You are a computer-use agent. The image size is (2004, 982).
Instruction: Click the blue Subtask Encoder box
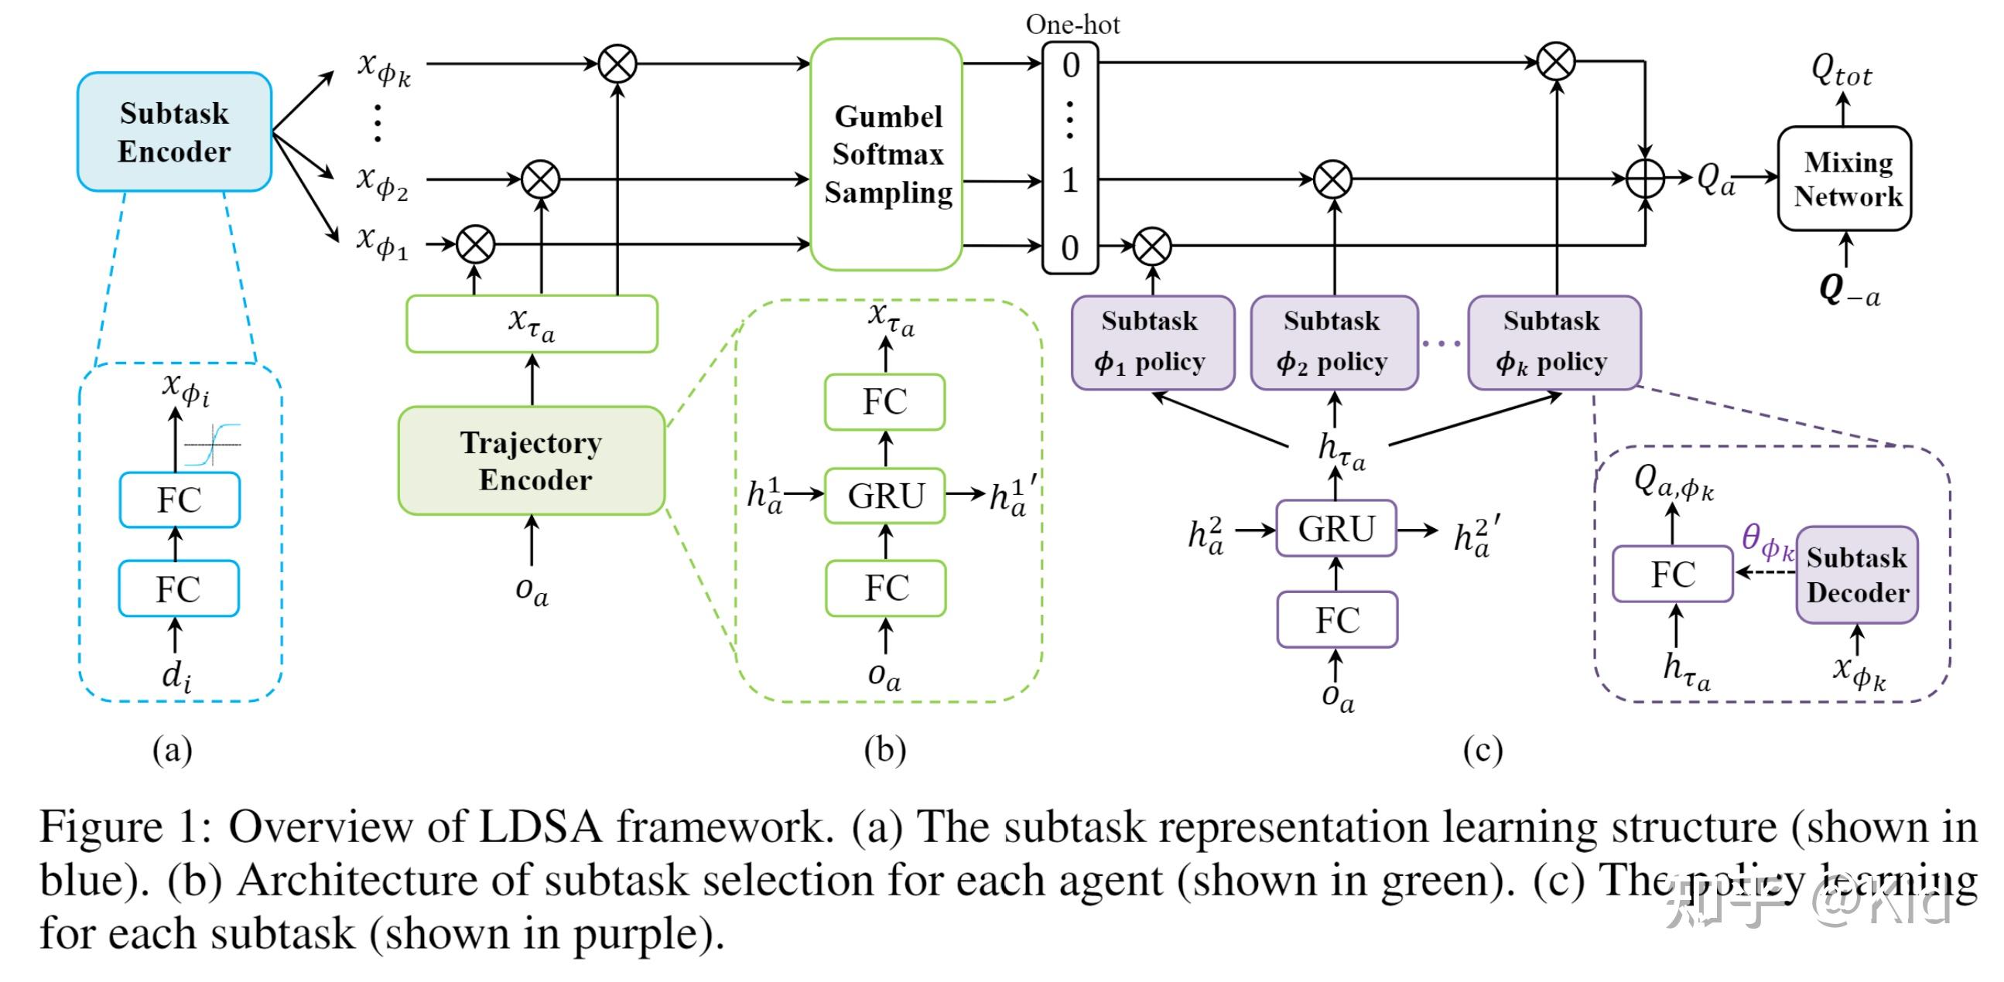tap(174, 131)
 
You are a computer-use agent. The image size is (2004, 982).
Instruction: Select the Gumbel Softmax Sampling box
tap(886, 154)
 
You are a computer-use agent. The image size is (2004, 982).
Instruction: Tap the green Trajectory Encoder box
tap(532, 460)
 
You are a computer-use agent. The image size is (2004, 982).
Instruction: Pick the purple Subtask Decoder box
tap(1857, 575)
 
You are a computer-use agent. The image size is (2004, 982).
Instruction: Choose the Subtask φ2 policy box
tap(1332, 342)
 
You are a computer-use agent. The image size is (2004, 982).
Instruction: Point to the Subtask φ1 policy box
tap(1151, 342)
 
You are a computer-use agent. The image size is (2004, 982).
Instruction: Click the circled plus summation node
tap(1645, 178)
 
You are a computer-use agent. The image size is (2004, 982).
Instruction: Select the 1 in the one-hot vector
tap(1069, 180)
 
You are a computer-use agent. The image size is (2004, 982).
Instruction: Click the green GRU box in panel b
tap(885, 496)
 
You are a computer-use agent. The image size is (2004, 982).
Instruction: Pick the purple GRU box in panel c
tap(1335, 529)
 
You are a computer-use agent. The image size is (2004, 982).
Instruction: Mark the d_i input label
tap(176, 675)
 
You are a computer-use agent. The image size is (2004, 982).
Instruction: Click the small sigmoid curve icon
tap(212, 445)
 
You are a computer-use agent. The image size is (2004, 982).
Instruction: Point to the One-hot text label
tap(1072, 24)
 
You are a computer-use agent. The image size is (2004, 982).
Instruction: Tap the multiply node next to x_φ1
tap(475, 244)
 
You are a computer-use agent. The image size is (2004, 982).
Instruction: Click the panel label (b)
tap(884, 749)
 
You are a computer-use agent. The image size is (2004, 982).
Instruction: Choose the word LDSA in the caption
tap(540, 826)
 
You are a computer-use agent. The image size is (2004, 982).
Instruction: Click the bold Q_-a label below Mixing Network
tap(1847, 289)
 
